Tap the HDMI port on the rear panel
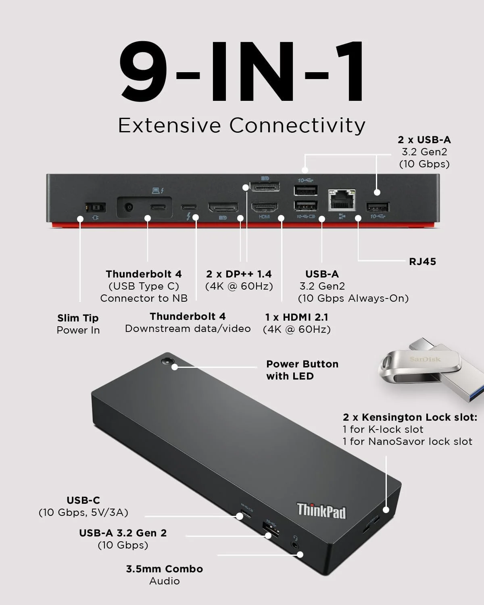click(265, 207)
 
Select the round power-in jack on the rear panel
click(129, 207)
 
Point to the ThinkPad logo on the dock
click(321, 511)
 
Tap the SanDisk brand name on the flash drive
click(425, 359)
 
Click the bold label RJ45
click(422, 261)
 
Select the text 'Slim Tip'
click(78, 318)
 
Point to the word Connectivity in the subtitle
click(297, 125)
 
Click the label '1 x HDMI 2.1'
click(296, 317)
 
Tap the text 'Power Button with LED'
click(302, 370)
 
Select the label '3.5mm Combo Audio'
click(164, 575)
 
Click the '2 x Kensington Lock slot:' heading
click(410, 417)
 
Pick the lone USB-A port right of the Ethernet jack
click(378, 207)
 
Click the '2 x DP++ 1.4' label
click(239, 274)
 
